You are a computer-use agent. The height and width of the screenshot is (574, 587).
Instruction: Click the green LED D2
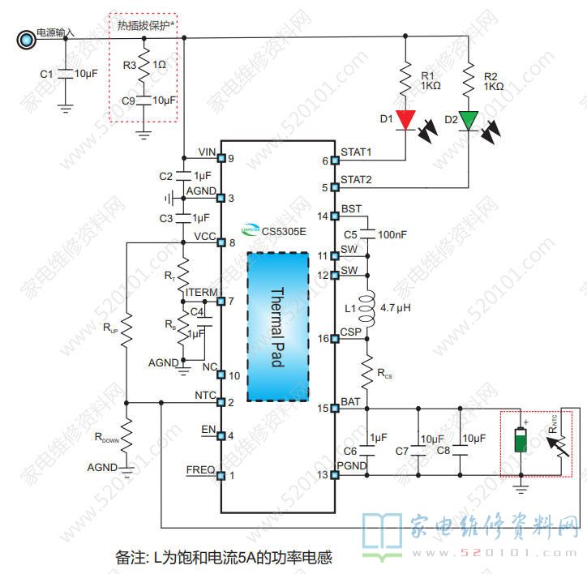469,118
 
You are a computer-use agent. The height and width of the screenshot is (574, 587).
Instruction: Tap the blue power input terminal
26,36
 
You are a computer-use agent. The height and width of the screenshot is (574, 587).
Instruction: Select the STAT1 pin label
356,152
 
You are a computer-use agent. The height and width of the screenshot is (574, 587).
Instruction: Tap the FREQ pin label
200,469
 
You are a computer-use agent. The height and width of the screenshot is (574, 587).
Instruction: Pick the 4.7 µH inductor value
396,309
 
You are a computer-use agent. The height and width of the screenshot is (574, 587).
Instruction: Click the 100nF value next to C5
392,234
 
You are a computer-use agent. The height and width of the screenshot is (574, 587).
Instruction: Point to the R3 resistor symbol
144,66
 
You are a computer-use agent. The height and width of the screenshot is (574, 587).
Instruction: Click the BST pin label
351,209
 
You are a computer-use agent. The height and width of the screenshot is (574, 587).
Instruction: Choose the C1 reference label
46,74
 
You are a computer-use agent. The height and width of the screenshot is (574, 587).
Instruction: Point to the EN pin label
207,428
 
